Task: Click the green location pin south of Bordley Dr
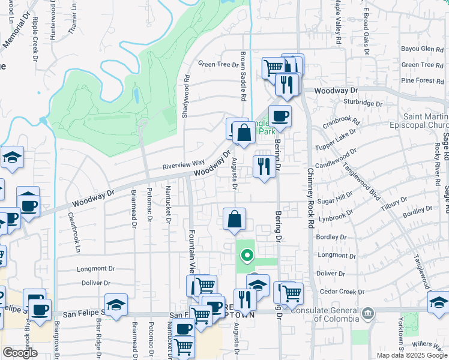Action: (246, 257)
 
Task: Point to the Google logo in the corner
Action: (20, 353)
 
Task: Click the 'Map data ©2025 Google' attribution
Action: (412, 355)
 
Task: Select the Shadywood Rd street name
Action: (187, 96)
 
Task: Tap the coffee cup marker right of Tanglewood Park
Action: (280, 116)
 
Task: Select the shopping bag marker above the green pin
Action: (235, 220)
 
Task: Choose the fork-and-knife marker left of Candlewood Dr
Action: (264, 166)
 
